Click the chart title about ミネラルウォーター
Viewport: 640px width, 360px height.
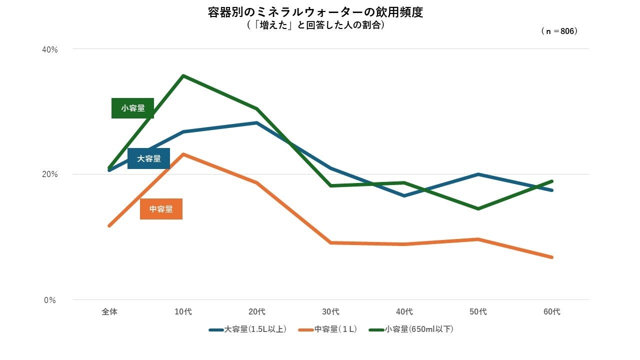[315, 12]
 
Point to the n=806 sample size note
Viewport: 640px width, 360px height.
[559, 31]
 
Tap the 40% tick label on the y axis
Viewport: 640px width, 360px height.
[50, 49]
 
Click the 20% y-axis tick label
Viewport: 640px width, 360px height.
[50, 174]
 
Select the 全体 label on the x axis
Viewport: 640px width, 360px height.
[109, 312]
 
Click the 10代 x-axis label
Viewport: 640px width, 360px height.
[183, 312]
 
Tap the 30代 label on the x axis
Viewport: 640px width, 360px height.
[330, 312]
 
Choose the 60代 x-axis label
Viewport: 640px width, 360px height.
[552, 312]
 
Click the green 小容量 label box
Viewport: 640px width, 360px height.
[132, 108]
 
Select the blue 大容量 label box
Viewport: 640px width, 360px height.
[148, 158]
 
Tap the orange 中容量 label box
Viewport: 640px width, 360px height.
[161, 209]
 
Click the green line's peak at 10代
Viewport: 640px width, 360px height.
[183, 75]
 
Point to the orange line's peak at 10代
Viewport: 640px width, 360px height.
[183, 154]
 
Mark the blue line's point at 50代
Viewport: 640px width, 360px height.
[478, 174]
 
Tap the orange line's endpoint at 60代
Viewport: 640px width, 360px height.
[552, 257]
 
